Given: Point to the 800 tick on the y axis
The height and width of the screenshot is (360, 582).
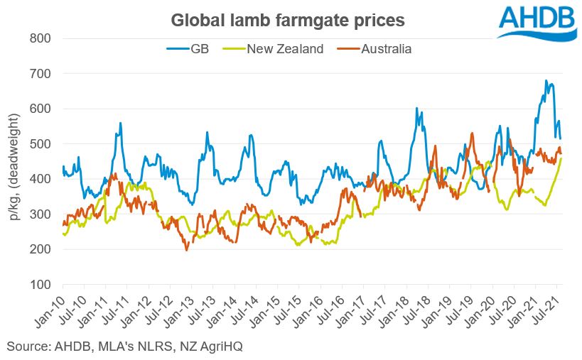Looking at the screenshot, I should [41, 38].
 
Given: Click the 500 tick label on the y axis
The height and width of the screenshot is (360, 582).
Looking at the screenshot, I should [41, 144].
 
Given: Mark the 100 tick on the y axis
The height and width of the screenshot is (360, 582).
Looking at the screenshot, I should [41, 285].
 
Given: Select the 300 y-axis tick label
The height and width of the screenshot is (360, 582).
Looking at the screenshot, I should [41, 214].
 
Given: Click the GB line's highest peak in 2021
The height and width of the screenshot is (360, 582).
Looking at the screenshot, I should [546, 81].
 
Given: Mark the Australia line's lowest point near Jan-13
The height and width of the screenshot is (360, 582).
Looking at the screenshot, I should [187, 250].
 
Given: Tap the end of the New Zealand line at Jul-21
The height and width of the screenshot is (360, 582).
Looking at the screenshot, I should [561, 158].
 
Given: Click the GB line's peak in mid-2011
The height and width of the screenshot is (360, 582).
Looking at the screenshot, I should [121, 124].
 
